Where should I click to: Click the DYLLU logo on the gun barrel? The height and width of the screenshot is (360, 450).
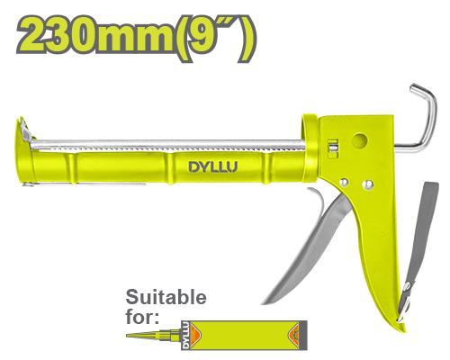click(213, 167)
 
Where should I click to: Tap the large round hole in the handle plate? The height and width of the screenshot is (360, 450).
click(359, 140)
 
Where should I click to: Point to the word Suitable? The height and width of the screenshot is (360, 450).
click(166, 297)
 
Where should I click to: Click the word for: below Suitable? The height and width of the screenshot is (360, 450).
click(142, 316)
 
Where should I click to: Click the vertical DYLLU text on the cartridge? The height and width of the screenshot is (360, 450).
click(185, 335)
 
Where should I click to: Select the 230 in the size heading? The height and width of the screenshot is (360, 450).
click(57, 35)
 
